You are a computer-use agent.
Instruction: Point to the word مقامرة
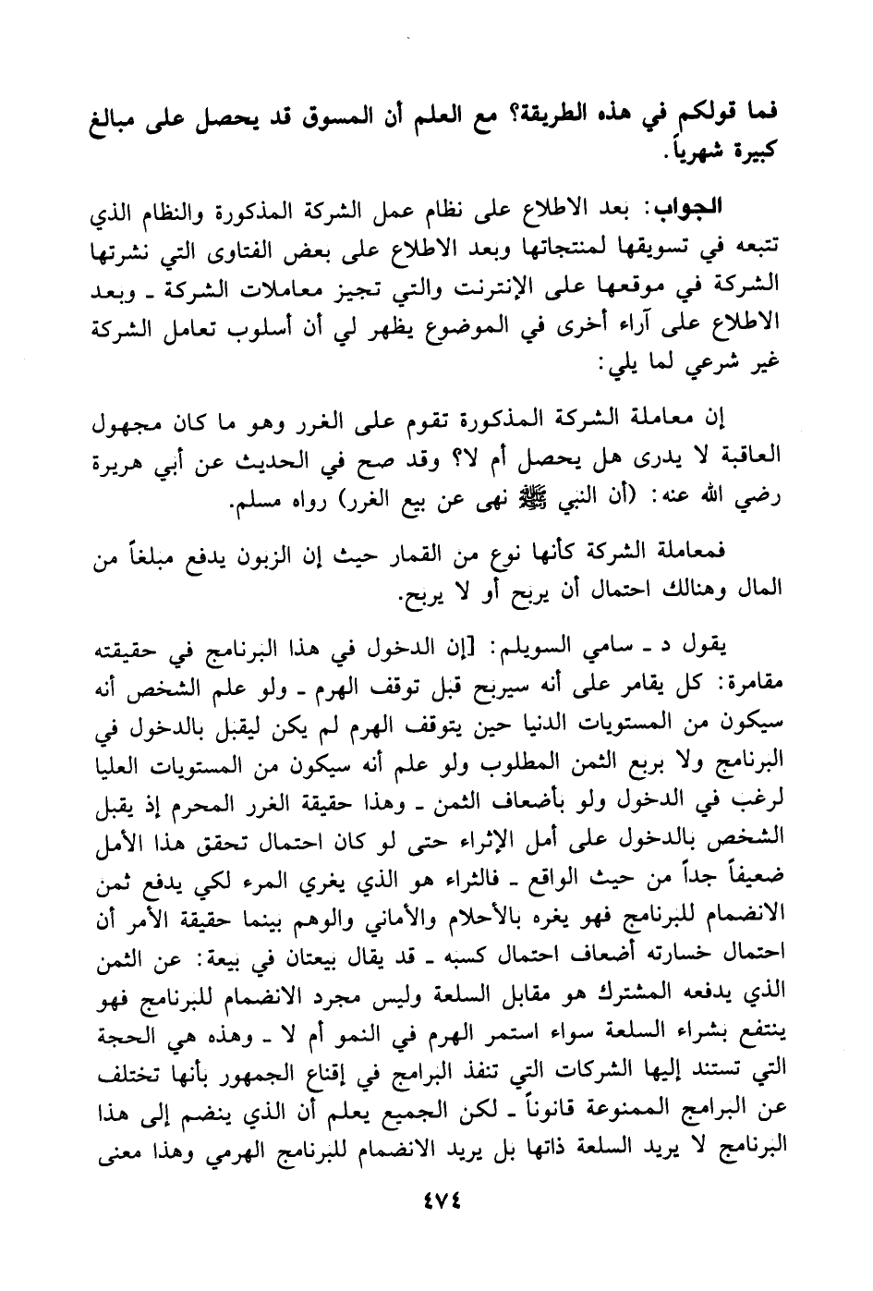click(x=751, y=682)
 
